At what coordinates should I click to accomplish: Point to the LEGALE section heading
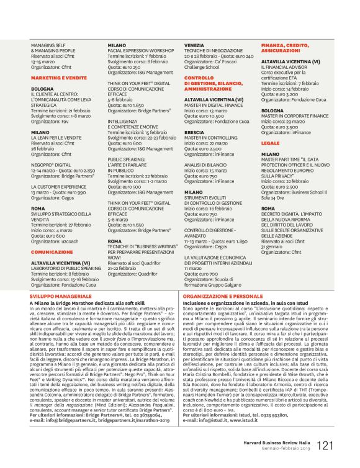(271, 142)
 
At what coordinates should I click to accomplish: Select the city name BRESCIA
(194, 133)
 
